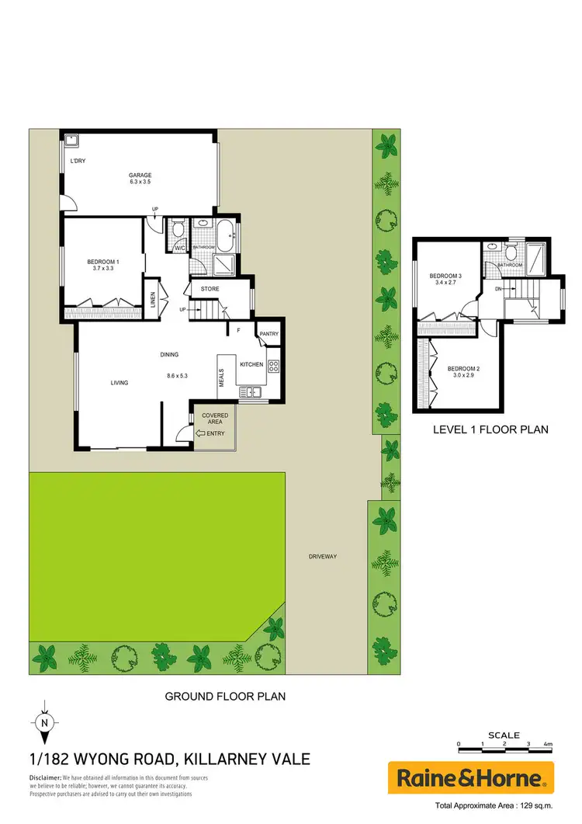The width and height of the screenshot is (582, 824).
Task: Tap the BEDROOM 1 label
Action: [x=103, y=266]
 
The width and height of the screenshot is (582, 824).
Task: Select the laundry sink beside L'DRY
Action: [x=71, y=141]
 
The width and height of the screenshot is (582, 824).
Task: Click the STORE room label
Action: [x=210, y=289]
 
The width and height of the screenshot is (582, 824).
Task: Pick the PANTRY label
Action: [x=269, y=334]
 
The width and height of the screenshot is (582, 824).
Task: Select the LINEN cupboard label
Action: [x=153, y=300]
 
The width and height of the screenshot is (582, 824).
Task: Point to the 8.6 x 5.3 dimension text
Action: [x=178, y=376]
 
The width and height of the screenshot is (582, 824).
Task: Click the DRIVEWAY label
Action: [x=322, y=556]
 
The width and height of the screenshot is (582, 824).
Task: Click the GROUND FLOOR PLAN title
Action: [x=225, y=697]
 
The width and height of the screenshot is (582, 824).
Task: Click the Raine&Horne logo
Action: [x=471, y=777]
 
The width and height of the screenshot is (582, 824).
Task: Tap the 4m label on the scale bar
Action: [x=548, y=744]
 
